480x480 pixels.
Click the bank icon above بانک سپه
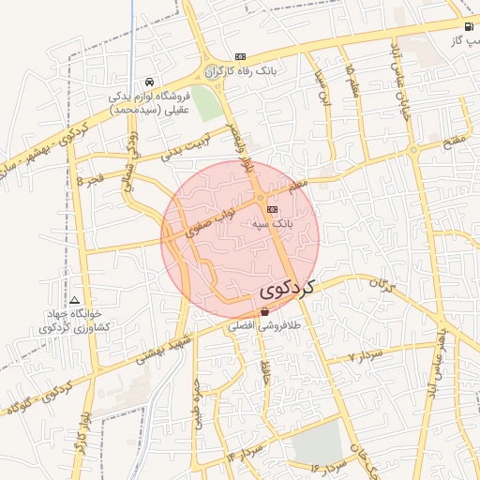272,209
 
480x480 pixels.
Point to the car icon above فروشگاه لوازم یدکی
151,82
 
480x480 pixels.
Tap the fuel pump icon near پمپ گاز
468,26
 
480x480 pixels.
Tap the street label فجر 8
93,178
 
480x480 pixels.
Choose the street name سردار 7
366,355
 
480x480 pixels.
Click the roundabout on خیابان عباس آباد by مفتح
412,149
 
